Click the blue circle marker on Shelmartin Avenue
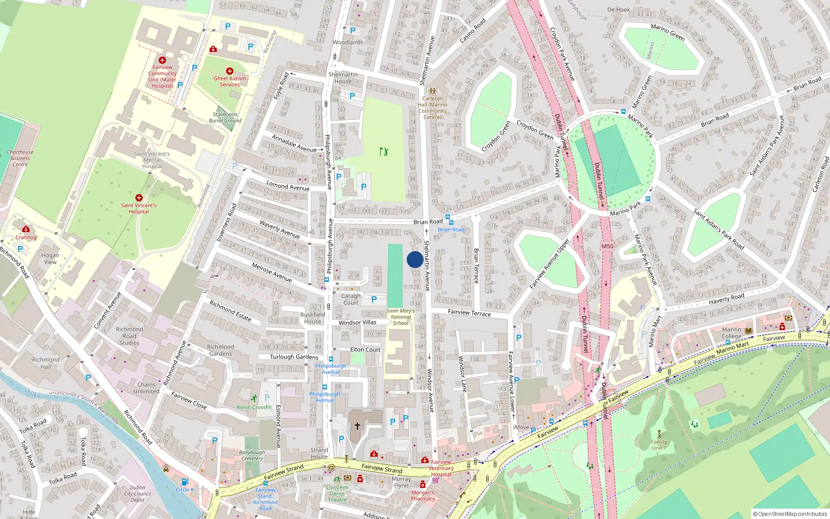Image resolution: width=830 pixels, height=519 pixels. [x=414, y=259]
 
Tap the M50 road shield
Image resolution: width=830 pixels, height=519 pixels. [x=607, y=247]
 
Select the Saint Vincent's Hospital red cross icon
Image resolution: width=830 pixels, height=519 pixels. [x=139, y=198]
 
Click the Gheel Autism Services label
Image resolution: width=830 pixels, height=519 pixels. [x=230, y=81]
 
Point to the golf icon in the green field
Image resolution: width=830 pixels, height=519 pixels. [x=384, y=152]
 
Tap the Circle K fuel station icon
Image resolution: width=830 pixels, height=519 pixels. [x=184, y=482]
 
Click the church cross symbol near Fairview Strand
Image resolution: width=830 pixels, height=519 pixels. [x=357, y=426]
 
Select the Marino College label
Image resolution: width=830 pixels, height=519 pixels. [x=731, y=333]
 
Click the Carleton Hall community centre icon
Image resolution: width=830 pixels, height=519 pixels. [x=432, y=91]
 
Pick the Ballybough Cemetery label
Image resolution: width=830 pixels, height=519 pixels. [x=252, y=455]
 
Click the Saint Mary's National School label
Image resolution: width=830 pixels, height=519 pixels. [x=400, y=317]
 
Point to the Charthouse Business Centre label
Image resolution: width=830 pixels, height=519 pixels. [x=20, y=158]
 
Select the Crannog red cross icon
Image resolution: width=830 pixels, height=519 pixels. [x=26, y=229]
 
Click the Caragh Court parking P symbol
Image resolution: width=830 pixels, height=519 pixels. [x=374, y=299]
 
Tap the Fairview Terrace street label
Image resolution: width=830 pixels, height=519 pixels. [x=469, y=312]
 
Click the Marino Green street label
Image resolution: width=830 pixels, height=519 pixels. [x=668, y=32]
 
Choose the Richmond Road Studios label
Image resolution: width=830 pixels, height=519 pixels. [x=129, y=336]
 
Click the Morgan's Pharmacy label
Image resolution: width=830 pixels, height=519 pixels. [x=423, y=496]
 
